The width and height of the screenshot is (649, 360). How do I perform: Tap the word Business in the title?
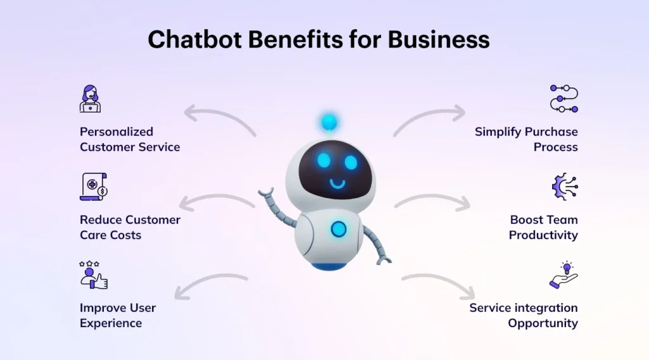[439, 39]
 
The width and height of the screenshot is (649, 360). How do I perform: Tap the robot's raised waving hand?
[267, 193]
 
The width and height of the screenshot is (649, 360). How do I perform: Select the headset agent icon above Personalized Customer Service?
[90, 99]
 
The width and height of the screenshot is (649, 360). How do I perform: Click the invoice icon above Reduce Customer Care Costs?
[93, 186]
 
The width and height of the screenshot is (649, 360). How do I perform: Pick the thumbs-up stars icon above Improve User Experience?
[93, 275]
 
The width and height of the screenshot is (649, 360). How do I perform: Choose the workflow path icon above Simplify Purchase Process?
[563, 99]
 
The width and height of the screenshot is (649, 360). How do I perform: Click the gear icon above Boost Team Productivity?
[565, 187]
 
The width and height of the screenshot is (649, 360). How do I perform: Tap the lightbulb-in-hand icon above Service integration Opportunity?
[564, 275]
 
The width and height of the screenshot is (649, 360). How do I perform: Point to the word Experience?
[111, 323]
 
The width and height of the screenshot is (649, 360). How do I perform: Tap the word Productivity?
[543, 235]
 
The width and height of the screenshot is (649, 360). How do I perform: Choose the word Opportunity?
[543, 323]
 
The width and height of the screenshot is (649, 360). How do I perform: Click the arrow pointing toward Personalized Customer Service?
[219, 117]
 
